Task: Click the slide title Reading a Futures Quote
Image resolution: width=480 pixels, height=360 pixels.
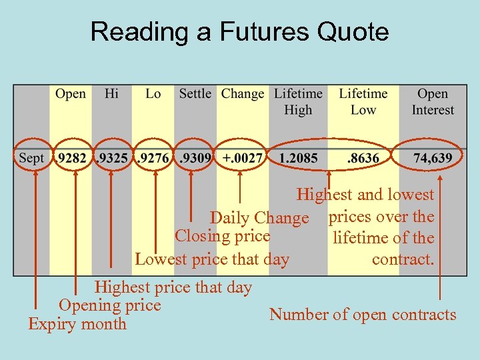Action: (239, 31)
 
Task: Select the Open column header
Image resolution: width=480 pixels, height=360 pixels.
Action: (71, 94)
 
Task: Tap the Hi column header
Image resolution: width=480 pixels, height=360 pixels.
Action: (112, 94)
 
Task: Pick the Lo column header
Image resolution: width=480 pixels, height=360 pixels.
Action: (153, 94)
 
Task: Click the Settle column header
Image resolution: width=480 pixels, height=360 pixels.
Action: (195, 94)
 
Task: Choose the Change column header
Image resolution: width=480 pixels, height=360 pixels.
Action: (243, 94)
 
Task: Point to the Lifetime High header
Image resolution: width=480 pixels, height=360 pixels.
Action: (298, 102)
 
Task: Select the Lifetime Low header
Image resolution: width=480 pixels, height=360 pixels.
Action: (363, 102)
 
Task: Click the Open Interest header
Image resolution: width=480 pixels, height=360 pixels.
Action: (433, 102)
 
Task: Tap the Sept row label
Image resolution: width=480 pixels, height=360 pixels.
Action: (31, 159)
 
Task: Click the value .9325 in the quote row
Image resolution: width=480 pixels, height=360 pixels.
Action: (112, 159)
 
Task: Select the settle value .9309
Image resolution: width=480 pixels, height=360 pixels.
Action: (195, 159)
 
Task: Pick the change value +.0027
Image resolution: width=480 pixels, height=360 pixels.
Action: (243, 159)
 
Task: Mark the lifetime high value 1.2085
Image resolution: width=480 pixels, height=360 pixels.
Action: (298, 159)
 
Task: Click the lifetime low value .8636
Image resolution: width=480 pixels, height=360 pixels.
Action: (363, 159)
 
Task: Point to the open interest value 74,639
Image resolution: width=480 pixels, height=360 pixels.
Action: (433, 159)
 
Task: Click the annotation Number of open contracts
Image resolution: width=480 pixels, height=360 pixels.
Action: (363, 315)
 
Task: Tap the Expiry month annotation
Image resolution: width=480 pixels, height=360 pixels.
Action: (77, 325)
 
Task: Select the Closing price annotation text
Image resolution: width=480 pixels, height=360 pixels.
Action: (222, 236)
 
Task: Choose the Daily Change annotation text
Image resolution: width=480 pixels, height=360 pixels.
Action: (259, 218)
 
